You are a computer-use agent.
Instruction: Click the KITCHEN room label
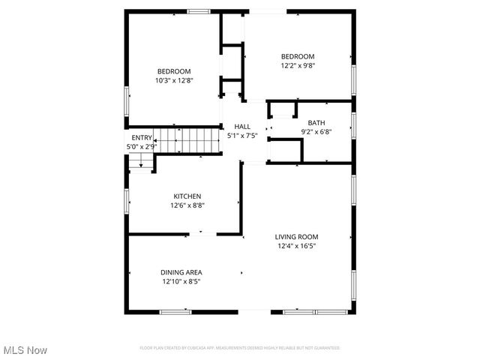tap(187, 196)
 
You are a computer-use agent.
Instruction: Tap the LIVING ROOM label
tap(297, 236)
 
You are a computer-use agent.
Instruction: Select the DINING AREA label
tap(181, 272)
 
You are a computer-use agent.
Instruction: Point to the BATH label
tap(316, 123)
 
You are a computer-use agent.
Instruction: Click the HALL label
tap(242, 127)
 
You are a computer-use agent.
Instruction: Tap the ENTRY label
tap(142, 138)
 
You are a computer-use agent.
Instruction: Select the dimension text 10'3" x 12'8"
tap(174, 80)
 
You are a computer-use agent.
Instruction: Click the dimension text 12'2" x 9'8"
tap(298, 65)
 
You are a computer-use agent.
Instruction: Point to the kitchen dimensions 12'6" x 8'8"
tap(187, 205)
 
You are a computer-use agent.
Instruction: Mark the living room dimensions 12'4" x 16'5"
tap(297, 245)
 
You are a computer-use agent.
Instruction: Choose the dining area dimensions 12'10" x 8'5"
tap(181, 281)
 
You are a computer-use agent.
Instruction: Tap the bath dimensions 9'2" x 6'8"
tap(316, 132)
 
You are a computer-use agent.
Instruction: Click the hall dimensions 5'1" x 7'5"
tap(242, 136)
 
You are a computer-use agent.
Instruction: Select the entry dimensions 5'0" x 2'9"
tap(140, 147)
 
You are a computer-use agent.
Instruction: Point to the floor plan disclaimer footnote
tap(240, 348)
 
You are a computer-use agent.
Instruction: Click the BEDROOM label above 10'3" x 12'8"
tap(174, 71)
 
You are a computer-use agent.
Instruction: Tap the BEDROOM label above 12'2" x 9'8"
tap(298, 56)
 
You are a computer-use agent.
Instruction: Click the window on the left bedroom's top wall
tap(198, 10)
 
